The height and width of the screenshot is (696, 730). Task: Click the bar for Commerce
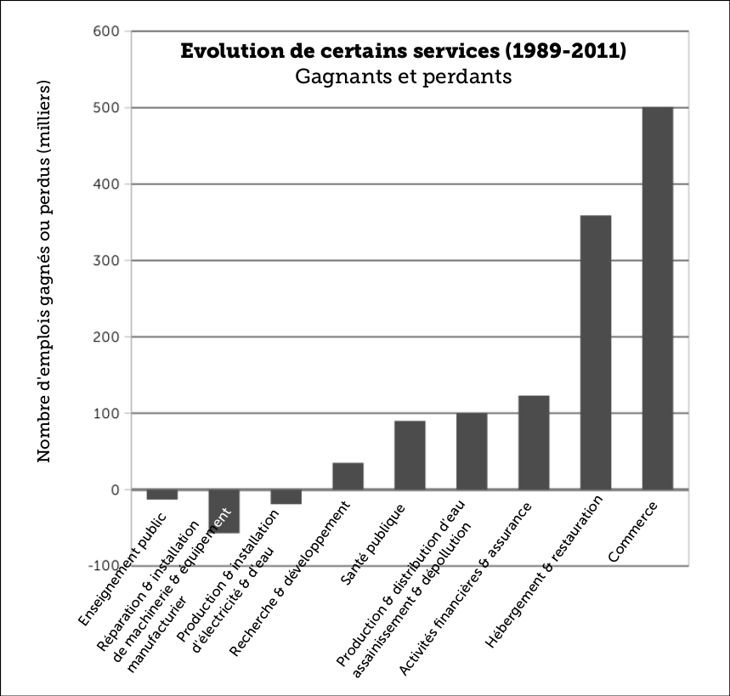pyautogui.click(x=657, y=297)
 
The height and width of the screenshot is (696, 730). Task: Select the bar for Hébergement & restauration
pyautogui.click(x=595, y=352)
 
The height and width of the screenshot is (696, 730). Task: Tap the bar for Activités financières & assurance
pyautogui.click(x=534, y=442)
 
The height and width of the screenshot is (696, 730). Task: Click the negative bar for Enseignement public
pyautogui.click(x=161, y=495)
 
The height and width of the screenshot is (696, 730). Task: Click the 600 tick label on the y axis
pyautogui.click(x=107, y=31)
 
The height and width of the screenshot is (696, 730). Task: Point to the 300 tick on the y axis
pyautogui.click(x=107, y=261)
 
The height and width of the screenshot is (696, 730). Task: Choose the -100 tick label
pyautogui.click(x=104, y=566)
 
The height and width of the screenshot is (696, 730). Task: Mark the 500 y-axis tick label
pyautogui.click(x=107, y=108)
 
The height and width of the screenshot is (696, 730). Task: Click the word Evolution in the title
pyautogui.click(x=225, y=52)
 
